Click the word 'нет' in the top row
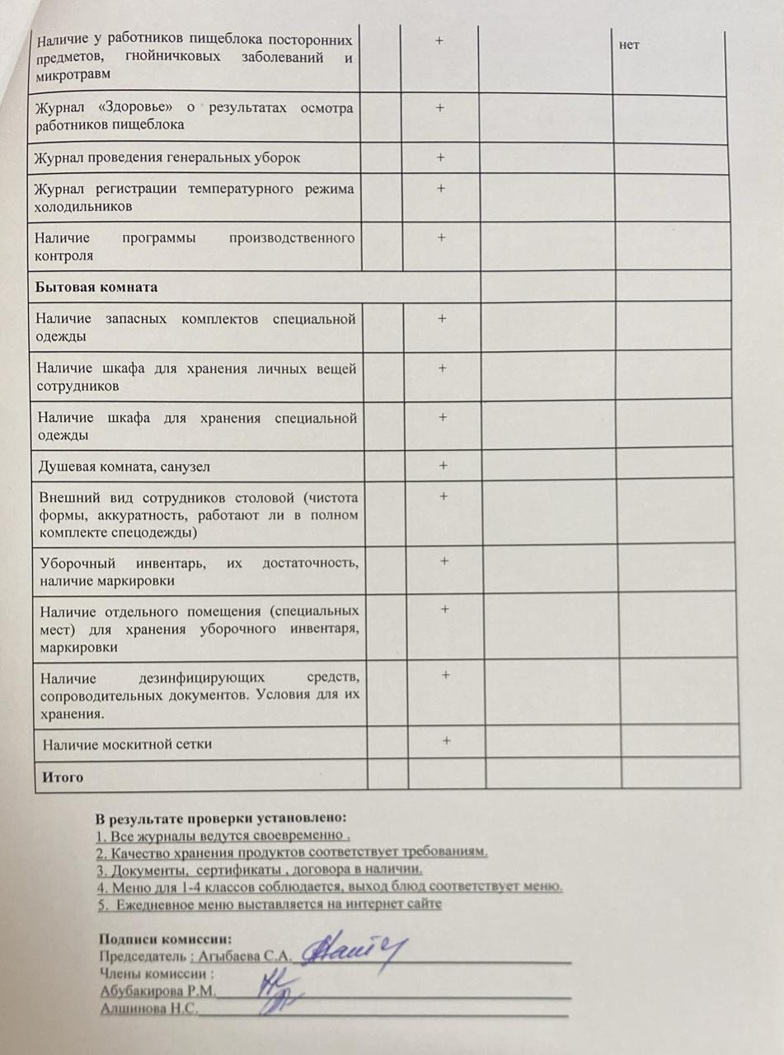[629, 45]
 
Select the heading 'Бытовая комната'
[96, 288]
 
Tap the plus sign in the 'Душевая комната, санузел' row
[444, 466]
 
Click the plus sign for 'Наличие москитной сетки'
[446, 741]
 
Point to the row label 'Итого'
[63, 776]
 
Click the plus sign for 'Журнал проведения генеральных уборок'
[441, 157]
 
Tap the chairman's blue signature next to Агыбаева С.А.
[354, 952]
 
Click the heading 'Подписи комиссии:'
[165, 939]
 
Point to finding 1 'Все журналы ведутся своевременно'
[223, 835]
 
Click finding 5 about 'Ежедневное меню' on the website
[269, 904]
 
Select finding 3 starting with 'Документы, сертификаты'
[259, 870]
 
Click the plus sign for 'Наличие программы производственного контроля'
[441, 237]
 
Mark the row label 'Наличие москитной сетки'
[128, 744]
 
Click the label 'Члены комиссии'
[152, 973]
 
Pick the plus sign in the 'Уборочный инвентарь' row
[444, 561]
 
